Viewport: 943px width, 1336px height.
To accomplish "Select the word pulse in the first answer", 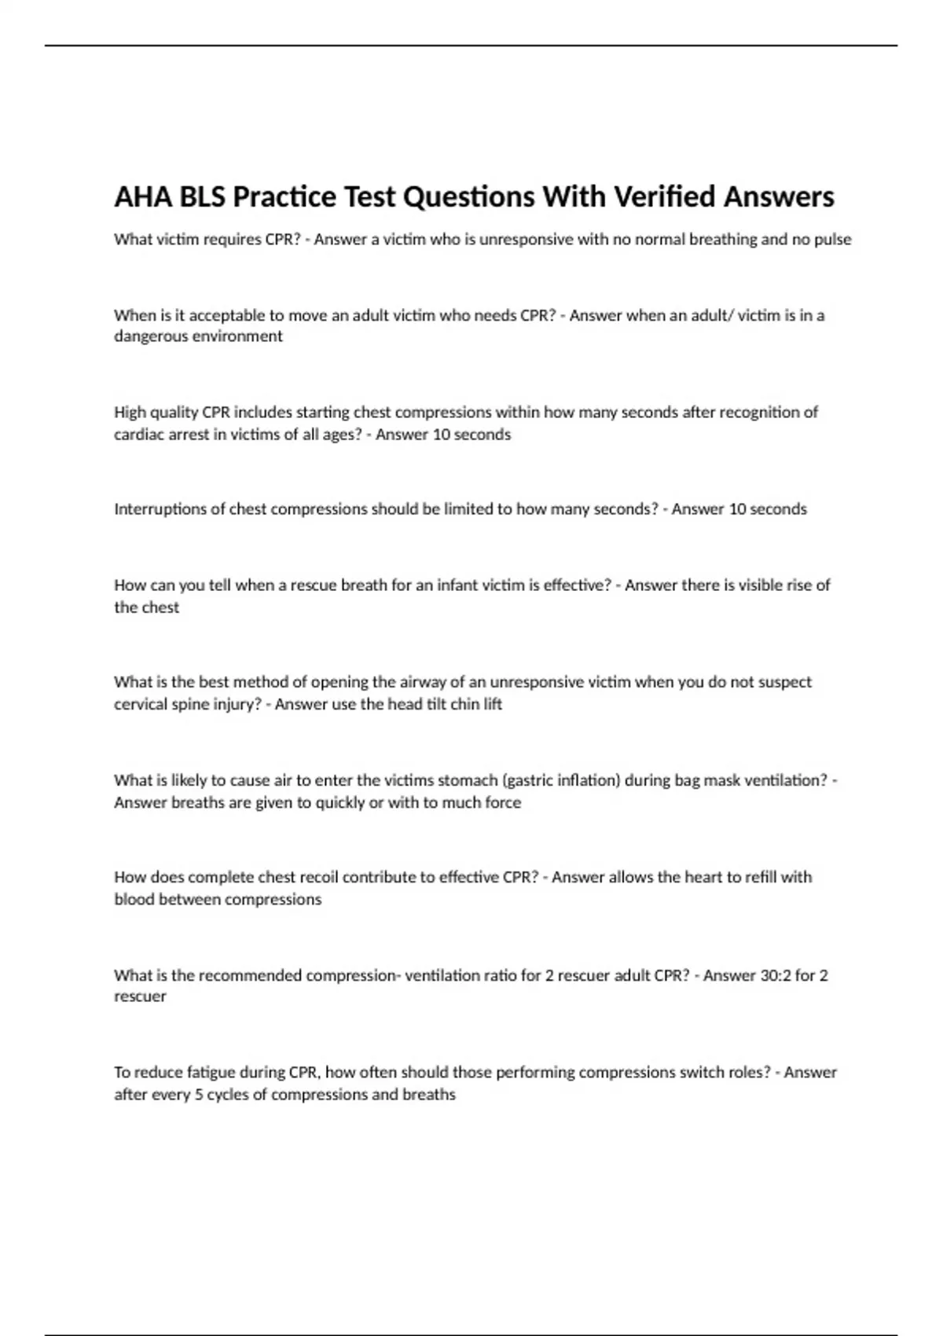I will tap(833, 239).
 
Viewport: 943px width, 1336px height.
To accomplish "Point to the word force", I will tap(503, 802).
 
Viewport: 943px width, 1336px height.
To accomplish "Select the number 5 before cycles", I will tap(199, 1095).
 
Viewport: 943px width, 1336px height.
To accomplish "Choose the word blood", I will tap(134, 899).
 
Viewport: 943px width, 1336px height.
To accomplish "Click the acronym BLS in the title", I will tap(204, 196).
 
